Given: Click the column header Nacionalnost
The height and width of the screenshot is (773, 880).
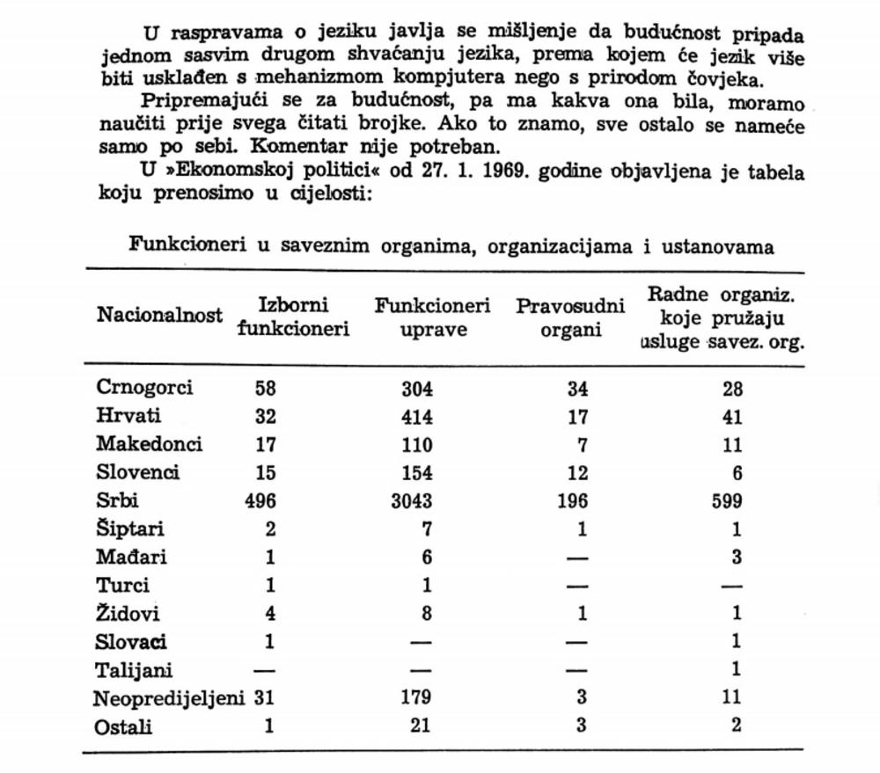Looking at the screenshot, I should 159,316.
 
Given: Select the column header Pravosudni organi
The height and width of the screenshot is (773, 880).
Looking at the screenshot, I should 570,317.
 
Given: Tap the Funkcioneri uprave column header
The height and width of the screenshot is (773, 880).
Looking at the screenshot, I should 432,317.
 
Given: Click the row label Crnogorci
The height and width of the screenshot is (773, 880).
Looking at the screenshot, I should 144,388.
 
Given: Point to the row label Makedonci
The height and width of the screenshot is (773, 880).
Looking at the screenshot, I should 149,444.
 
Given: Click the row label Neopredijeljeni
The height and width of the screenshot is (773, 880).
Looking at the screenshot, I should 171,698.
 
